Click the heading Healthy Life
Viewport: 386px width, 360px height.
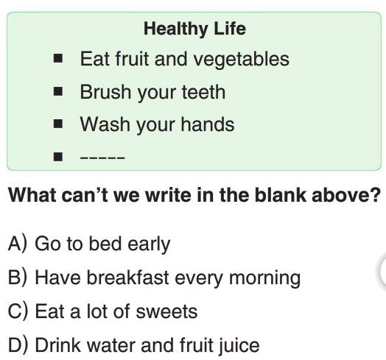click(194, 29)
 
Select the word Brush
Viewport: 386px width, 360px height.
click(105, 92)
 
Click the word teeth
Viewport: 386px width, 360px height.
click(203, 92)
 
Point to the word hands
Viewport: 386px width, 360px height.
click(208, 124)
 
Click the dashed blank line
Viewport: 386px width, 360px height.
click(102, 158)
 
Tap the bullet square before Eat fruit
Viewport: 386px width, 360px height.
click(58, 59)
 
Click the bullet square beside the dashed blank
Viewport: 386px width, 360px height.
click(58, 157)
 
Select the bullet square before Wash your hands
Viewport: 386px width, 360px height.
click(58, 124)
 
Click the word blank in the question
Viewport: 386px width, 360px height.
click(281, 195)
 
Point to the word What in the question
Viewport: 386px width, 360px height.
click(32, 195)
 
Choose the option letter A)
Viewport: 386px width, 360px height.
click(17, 244)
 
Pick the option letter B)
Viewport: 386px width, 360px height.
click(17, 278)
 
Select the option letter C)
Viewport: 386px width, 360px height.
click(18, 311)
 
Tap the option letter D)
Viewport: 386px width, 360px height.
click(18, 345)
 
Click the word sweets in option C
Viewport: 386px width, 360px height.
click(166, 311)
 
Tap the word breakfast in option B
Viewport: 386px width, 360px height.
click(127, 278)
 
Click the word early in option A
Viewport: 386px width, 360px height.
click(149, 245)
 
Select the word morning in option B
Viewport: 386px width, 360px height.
click(264, 279)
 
